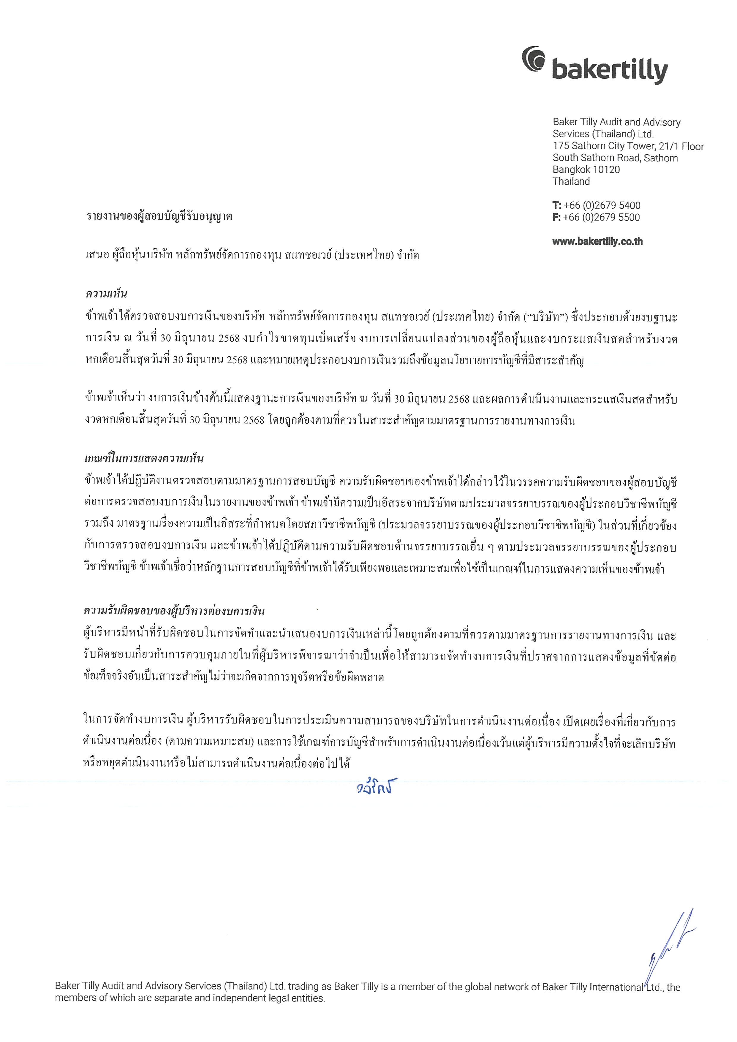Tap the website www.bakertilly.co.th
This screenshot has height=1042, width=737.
coord(597,241)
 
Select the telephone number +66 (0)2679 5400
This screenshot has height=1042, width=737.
coord(602,205)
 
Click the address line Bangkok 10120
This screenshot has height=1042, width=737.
coord(586,170)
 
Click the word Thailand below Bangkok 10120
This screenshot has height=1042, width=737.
coord(571,181)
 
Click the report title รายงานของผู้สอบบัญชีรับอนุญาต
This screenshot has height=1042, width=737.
coord(159,216)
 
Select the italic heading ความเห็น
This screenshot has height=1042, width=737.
coord(106,294)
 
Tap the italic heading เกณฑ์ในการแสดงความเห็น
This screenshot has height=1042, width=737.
coord(144,458)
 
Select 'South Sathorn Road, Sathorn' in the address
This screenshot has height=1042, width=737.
coord(615,158)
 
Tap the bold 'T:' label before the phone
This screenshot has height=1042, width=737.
coord(557,205)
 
